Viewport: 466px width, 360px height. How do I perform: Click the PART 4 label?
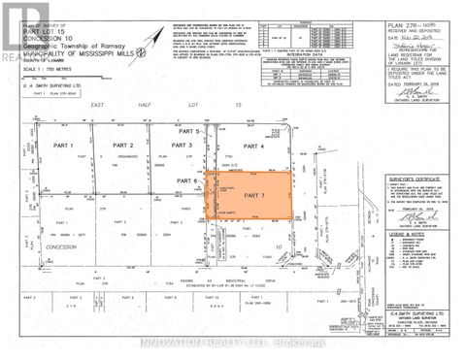253,146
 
